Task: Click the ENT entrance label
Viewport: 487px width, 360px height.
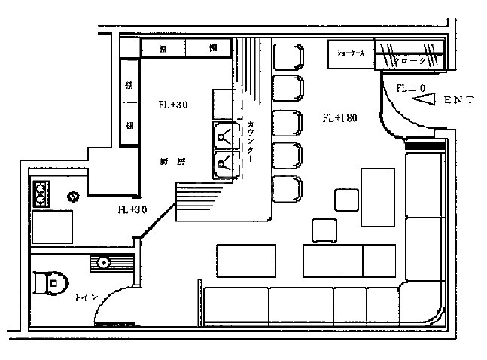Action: coord(458,99)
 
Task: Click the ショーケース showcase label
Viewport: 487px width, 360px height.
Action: coord(351,54)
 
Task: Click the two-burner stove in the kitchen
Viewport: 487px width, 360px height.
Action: coord(41,194)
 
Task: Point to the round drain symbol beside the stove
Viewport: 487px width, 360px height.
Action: coord(74,197)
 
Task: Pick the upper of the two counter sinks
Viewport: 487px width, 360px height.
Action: coord(224,136)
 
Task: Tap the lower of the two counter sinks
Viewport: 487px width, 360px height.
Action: coord(224,163)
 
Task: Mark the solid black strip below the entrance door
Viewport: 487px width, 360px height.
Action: coord(425,145)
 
